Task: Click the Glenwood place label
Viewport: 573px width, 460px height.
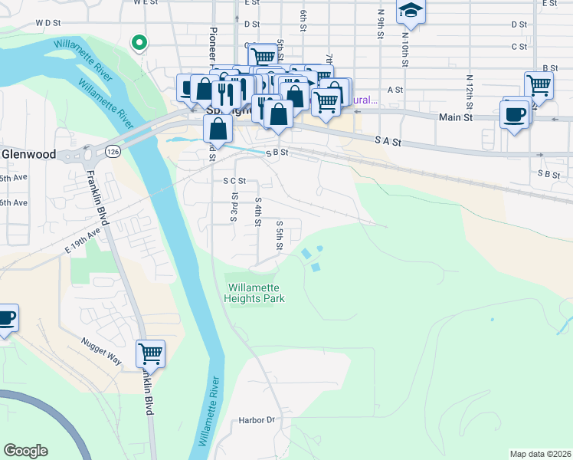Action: [x=28, y=154]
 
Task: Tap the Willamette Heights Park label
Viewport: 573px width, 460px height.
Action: [x=255, y=293]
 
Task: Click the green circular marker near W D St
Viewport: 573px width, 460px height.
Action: [x=139, y=43]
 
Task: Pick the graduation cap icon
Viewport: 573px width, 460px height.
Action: [x=410, y=10]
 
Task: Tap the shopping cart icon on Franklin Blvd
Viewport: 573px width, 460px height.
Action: [x=150, y=353]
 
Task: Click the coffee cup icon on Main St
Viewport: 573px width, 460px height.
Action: [x=514, y=115]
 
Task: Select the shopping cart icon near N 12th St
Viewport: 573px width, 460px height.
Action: [x=539, y=85]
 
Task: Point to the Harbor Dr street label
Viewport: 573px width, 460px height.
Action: [x=256, y=420]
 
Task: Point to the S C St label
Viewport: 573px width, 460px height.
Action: [x=234, y=181]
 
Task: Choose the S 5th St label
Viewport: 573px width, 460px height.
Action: [x=280, y=234]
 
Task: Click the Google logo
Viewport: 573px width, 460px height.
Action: [x=25, y=451]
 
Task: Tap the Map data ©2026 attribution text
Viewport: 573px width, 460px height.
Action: [x=539, y=454]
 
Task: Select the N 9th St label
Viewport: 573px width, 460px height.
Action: [x=381, y=22]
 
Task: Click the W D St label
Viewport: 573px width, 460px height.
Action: [x=47, y=23]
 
